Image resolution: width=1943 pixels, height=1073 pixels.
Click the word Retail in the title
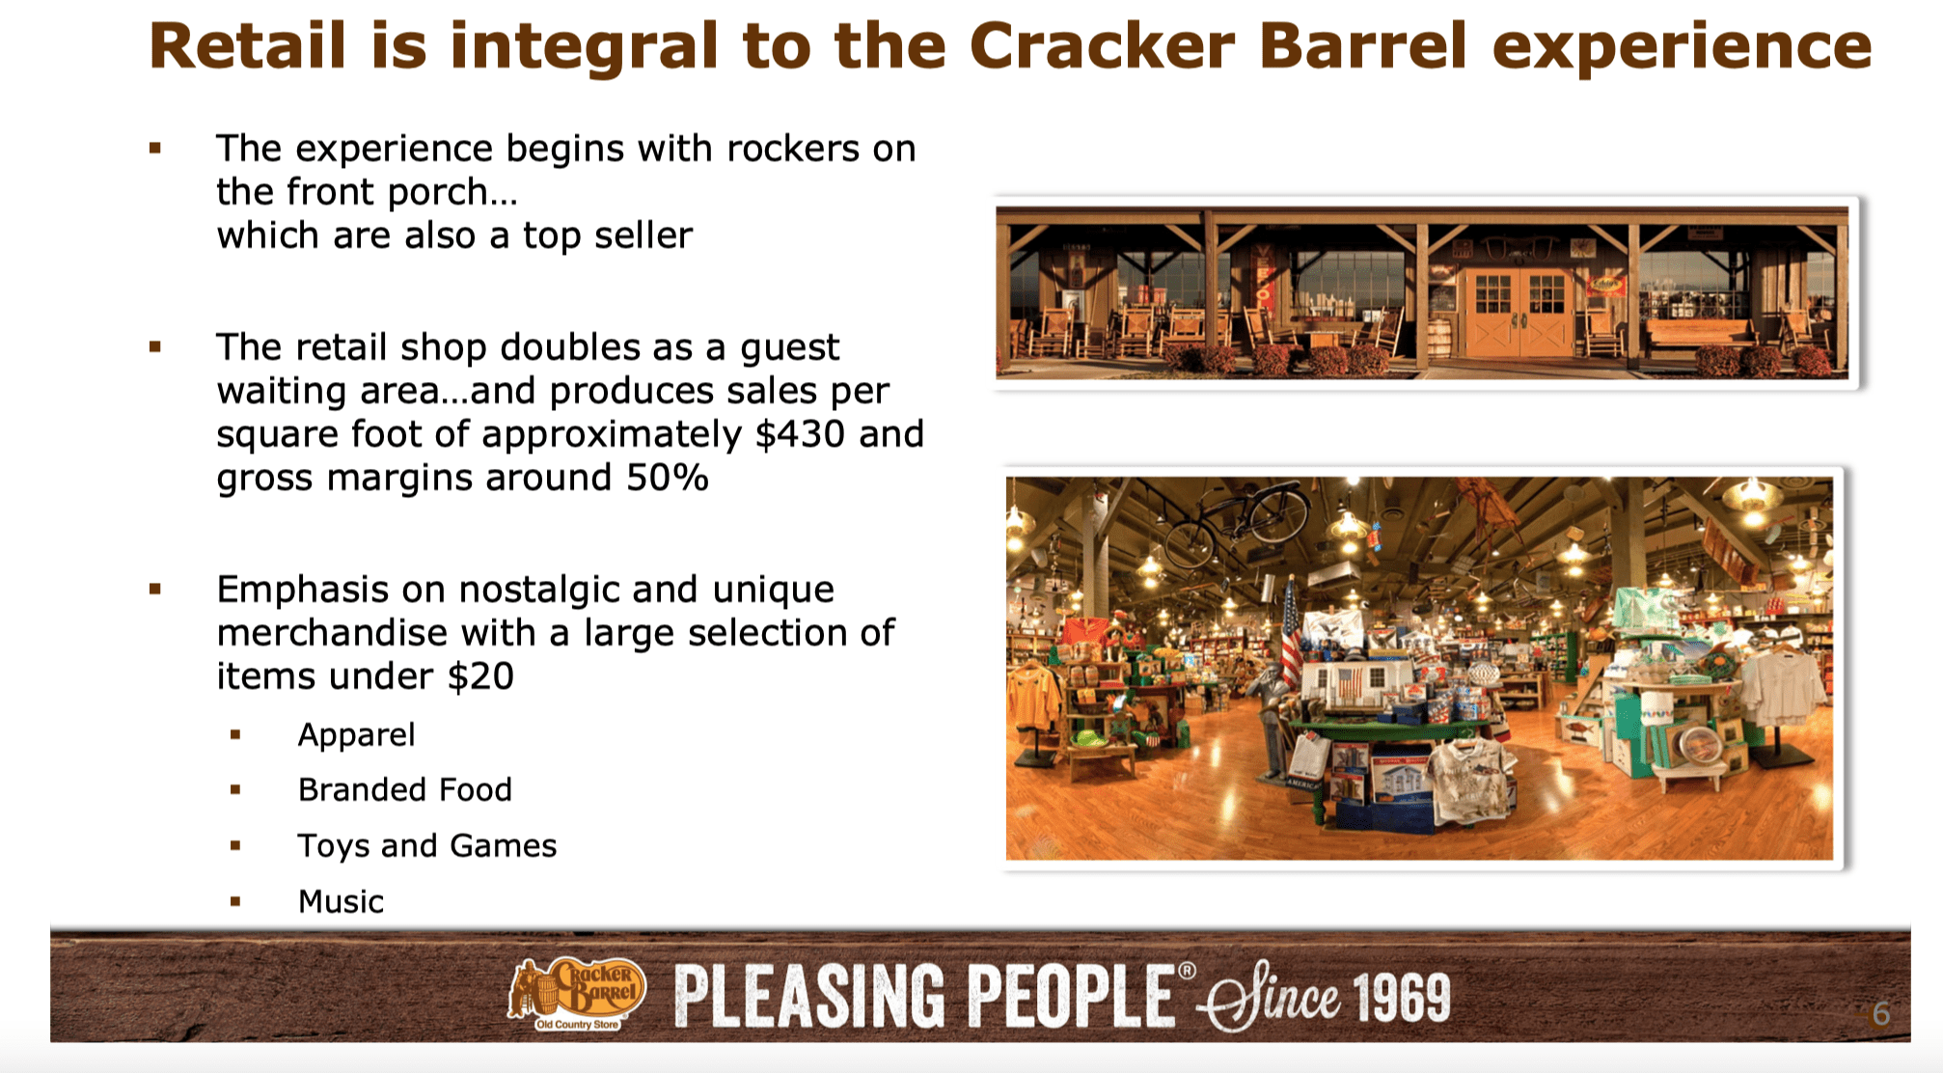247,46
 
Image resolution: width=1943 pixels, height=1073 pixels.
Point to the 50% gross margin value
668,478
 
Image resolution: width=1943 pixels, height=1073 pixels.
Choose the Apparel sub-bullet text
356,735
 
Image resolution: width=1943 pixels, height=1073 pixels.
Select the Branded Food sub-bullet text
404,790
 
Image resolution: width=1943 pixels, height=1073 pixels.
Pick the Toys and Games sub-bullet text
426,846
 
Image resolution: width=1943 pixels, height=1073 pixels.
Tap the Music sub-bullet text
341,901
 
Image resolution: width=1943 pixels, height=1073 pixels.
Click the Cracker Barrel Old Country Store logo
577,994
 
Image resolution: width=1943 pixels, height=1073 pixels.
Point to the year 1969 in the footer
1401,998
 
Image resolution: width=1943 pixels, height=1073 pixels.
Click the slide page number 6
1880,1014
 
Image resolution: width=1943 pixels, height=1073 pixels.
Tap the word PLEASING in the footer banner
808,998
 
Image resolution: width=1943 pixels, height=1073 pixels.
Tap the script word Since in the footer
1273,998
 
